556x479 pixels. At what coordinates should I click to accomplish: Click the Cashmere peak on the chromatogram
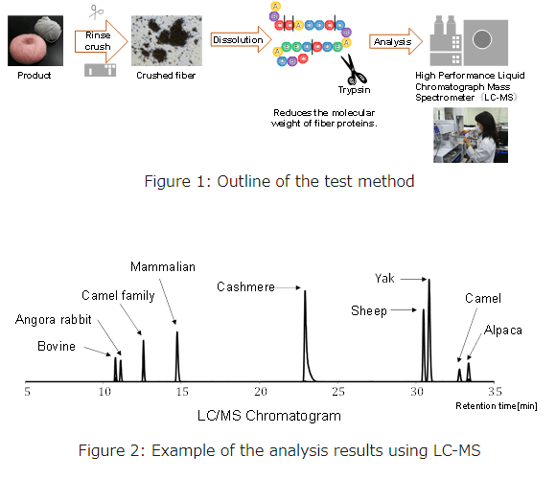[306, 336]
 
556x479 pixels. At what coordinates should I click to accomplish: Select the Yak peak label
[384, 279]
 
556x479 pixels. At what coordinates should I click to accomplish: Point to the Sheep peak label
[369, 310]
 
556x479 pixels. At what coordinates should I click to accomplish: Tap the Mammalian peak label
[163, 266]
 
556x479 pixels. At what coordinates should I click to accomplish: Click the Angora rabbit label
[53, 320]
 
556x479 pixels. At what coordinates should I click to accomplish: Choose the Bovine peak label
[57, 346]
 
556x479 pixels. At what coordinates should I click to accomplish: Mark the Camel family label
[118, 295]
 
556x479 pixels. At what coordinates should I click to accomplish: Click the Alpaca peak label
[503, 331]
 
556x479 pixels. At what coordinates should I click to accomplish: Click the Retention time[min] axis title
[496, 406]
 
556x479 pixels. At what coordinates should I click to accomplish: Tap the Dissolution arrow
[241, 39]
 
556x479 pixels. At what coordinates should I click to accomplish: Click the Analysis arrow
[396, 42]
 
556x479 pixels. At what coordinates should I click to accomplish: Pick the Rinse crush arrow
[101, 41]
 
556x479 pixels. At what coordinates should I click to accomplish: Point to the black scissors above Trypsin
[353, 69]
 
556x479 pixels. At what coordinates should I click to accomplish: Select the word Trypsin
[354, 90]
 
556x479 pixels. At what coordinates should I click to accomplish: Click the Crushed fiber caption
[166, 76]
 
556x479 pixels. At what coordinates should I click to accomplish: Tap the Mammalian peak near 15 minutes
[177, 356]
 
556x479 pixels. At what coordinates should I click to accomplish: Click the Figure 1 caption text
[279, 181]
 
